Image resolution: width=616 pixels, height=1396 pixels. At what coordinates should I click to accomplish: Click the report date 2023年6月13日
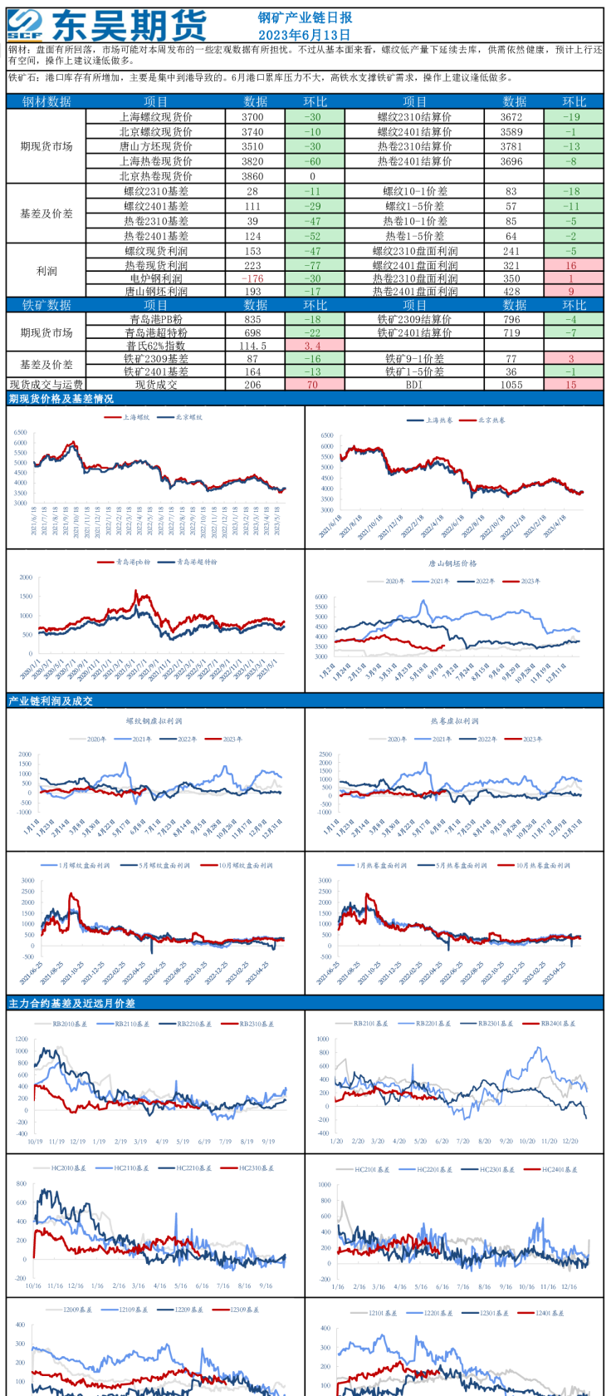pyautogui.click(x=305, y=35)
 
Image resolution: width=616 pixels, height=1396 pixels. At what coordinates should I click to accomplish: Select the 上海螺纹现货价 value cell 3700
pyautogui.click(x=252, y=117)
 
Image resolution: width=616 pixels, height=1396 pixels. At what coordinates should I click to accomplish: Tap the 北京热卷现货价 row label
pyautogui.click(x=156, y=176)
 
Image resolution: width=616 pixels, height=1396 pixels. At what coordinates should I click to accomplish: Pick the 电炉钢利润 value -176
pyautogui.click(x=252, y=279)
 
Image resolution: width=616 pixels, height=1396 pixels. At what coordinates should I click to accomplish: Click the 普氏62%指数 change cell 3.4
pyautogui.click(x=313, y=346)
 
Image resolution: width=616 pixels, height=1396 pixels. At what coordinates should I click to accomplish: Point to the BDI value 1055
pyautogui.click(x=511, y=385)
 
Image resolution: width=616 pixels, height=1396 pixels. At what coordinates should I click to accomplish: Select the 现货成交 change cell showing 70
pyautogui.click(x=313, y=385)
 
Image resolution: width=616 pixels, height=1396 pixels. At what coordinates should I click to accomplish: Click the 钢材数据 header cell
pyautogui.click(x=46, y=101)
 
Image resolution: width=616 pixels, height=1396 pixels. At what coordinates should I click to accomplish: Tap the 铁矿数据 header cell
pyautogui.click(x=46, y=305)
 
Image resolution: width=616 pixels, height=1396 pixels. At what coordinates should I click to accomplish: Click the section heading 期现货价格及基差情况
pyautogui.click(x=61, y=399)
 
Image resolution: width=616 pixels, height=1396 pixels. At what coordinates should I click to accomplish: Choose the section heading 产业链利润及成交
pyautogui.click(x=51, y=701)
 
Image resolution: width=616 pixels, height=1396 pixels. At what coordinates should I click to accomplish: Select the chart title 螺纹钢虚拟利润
pyautogui.click(x=154, y=721)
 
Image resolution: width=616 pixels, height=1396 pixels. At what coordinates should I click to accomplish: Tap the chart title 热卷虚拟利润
pyautogui.click(x=454, y=721)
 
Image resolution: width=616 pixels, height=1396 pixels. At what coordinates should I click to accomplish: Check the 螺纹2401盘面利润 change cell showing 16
pyautogui.click(x=571, y=266)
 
